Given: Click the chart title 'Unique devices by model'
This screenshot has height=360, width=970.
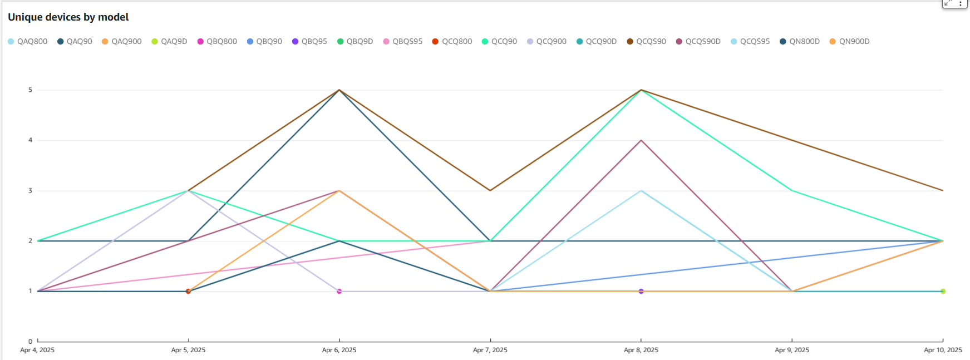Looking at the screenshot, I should point(68,17).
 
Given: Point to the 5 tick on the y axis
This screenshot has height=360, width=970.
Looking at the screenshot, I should point(31,90).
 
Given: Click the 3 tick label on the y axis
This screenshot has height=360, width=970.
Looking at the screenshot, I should point(31,191).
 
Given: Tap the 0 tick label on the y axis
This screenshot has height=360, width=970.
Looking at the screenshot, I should point(31,342).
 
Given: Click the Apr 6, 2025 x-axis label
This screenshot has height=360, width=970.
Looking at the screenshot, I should point(339,350).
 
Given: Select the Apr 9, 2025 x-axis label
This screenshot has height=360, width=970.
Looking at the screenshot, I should point(792,350).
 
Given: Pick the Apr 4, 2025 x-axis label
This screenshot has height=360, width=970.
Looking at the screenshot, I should point(37,350).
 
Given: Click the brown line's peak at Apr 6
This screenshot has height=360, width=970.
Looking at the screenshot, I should point(339,90).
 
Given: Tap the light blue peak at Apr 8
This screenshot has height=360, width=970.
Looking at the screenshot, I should point(641,191).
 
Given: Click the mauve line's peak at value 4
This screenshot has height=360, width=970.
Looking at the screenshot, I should point(641,140).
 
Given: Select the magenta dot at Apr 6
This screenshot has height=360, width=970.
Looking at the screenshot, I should point(339,291).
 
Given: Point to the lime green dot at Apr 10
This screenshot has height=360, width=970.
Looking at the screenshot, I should point(943,291).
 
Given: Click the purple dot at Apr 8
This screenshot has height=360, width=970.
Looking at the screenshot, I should point(641,291).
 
